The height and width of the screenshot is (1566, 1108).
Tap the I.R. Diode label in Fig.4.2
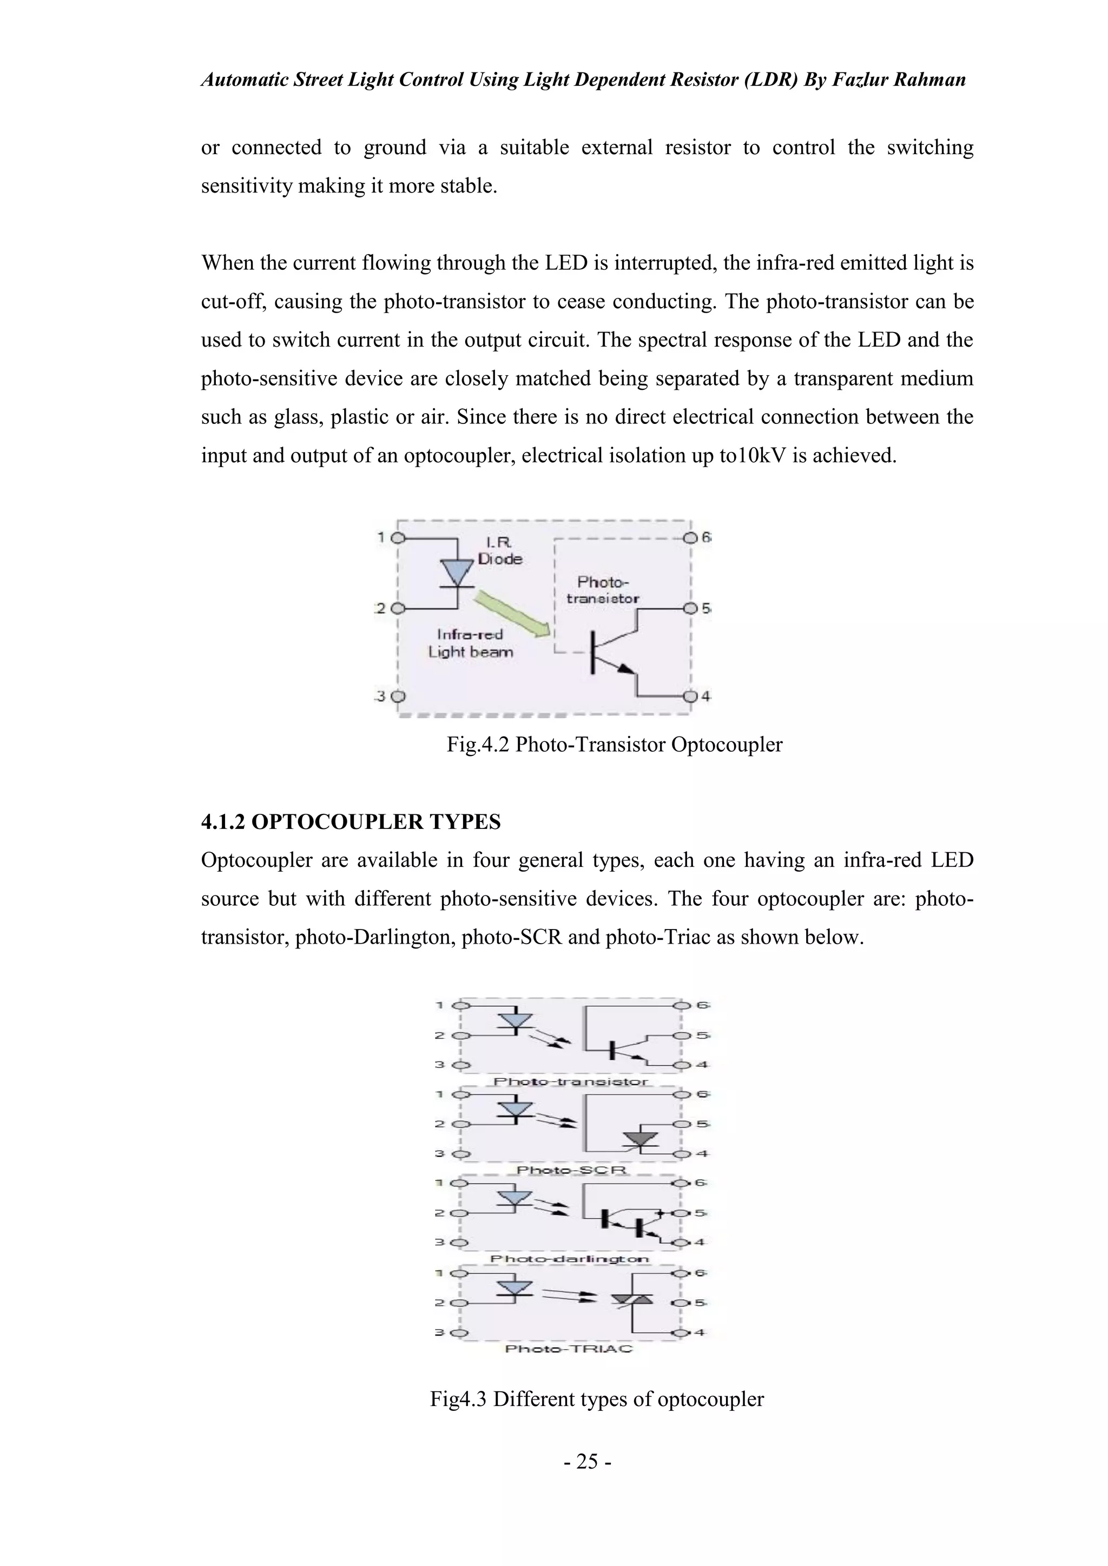pyautogui.click(x=499, y=550)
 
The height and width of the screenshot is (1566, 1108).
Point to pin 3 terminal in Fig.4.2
pyautogui.click(x=398, y=696)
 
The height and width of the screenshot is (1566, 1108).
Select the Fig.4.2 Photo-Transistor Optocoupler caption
pyautogui.click(x=614, y=744)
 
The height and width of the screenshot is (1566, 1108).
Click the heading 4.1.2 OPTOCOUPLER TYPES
pyautogui.click(x=351, y=822)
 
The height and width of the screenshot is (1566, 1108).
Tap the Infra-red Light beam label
pyautogui.click(x=470, y=643)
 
